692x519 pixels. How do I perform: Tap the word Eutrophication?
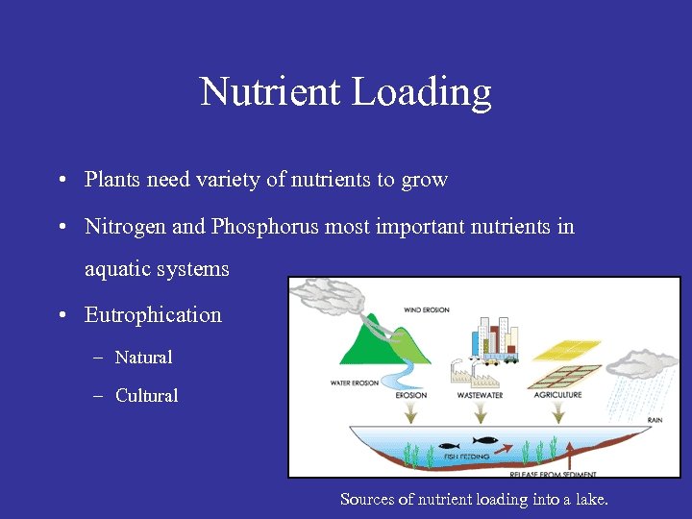[153, 315]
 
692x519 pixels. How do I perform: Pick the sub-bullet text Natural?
[143, 358]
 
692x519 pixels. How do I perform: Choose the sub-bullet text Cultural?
[146, 396]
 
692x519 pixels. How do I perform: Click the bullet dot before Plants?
[61, 180]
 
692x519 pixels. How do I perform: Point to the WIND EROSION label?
[426, 310]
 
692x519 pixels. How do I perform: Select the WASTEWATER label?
[480, 395]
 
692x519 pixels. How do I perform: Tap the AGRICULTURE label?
[557, 395]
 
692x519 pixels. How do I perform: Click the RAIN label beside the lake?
[654, 420]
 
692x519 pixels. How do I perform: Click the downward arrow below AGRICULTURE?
[557, 411]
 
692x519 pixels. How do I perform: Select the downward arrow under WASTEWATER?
[480, 411]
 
